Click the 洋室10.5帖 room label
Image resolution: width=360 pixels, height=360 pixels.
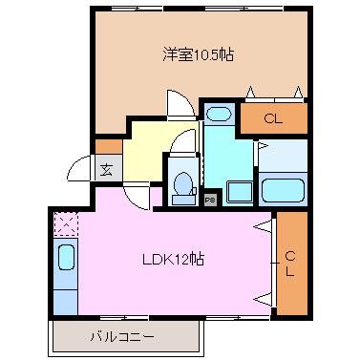pyautogui.click(x=197, y=54)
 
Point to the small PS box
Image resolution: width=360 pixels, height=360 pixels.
pyautogui.click(x=210, y=200)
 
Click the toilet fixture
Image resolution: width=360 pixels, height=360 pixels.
pyautogui.click(x=181, y=184)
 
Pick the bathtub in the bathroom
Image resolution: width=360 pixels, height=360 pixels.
pyautogui.click(x=283, y=187)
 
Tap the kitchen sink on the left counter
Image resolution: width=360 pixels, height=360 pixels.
pyautogui.click(x=66, y=259)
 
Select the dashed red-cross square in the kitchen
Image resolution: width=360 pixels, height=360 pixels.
pyautogui.click(x=65, y=224)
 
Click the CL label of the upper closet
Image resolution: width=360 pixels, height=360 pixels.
pyautogui.click(x=273, y=119)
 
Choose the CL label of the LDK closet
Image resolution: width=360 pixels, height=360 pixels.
pyautogui.click(x=289, y=262)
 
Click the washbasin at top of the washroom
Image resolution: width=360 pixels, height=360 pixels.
pyautogui.click(x=219, y=116)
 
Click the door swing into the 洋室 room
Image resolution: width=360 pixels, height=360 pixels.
pyautogui.click(x=179, y=103)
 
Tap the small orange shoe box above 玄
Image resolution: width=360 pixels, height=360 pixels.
pyautogui.click(x=104, y=147)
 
